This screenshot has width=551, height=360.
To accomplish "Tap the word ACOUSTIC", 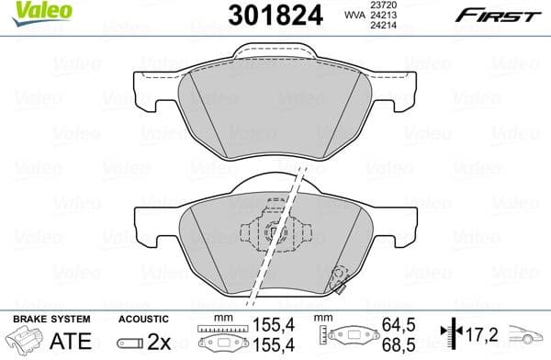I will coord(143,319).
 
